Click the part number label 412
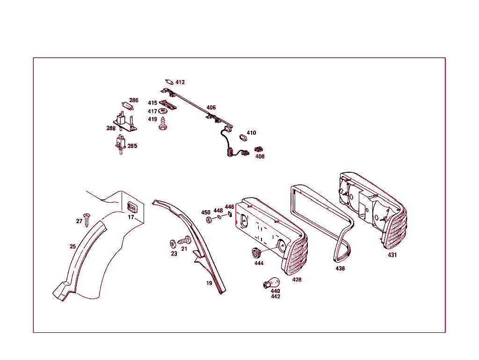(x=180, y=82)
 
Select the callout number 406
(x=211, y=108)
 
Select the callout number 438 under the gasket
(x=340, y=269)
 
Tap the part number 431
(x=392, y=255)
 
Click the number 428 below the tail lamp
(x=297, y=279)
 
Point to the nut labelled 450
(x=210, y=220)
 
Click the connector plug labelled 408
(x=259, y=150)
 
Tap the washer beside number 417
(x=163, y=111)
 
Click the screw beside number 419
(x=163, y=124)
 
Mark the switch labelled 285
(x=120, y=143)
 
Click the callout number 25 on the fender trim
(x=73, y=246)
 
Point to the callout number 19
(x=209, y=283)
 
